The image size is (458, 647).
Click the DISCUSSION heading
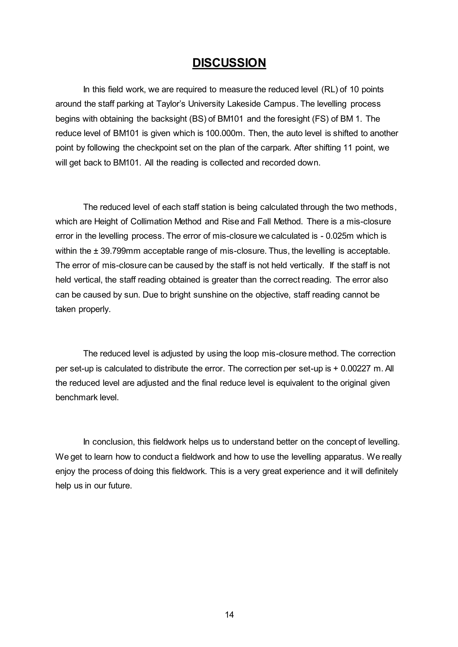pyautogui.click(x=229, y=63)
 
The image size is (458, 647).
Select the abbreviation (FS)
pyautogui.click(x=320, y=119)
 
